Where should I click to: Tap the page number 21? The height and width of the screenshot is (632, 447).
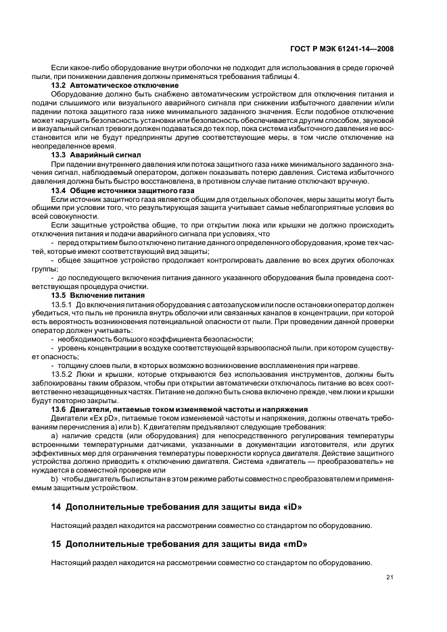coord(390,577)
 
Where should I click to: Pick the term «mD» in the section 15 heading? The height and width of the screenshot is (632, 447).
coord(291,543)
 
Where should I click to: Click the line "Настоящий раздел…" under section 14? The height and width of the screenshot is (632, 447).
coord(211,525)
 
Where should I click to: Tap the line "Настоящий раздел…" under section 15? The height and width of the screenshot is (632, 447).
coord(211,562)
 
